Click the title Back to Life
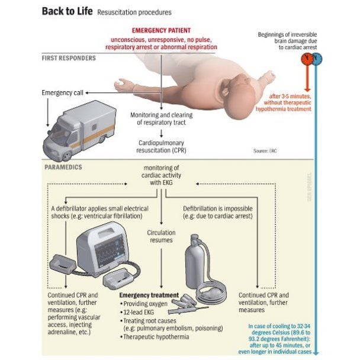point(67,12)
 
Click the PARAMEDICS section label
point(63,168)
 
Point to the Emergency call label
point(63,92)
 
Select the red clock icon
point(306,59)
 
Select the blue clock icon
point(317,59)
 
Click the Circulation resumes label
point(161,236)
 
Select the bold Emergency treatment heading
point(149,294)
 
